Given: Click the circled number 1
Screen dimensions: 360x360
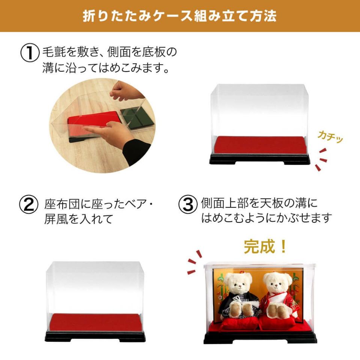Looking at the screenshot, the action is (x=30, y=52).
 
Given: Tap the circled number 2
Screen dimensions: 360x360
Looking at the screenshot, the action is (x=28, y=204).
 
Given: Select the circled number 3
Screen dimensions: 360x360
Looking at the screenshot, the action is (x=188, y=204).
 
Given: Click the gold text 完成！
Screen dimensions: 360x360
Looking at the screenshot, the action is (x=265, y=247).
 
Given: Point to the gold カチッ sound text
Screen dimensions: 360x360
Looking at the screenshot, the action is (x=330, y=137).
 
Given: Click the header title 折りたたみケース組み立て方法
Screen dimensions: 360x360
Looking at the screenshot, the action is (x=180, y=16).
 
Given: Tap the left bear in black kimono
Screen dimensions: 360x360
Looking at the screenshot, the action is (x=238, y=295).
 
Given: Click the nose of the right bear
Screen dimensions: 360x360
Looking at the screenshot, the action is (x=276, y=287).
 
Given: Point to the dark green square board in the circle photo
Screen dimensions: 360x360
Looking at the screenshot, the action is (x=136, y=118).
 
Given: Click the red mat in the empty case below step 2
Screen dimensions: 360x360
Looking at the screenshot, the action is (x=95, y=322).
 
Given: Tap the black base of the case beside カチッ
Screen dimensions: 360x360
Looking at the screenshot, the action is (x=259, y=159).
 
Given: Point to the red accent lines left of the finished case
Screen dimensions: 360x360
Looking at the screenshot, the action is (x=195, y=262).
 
